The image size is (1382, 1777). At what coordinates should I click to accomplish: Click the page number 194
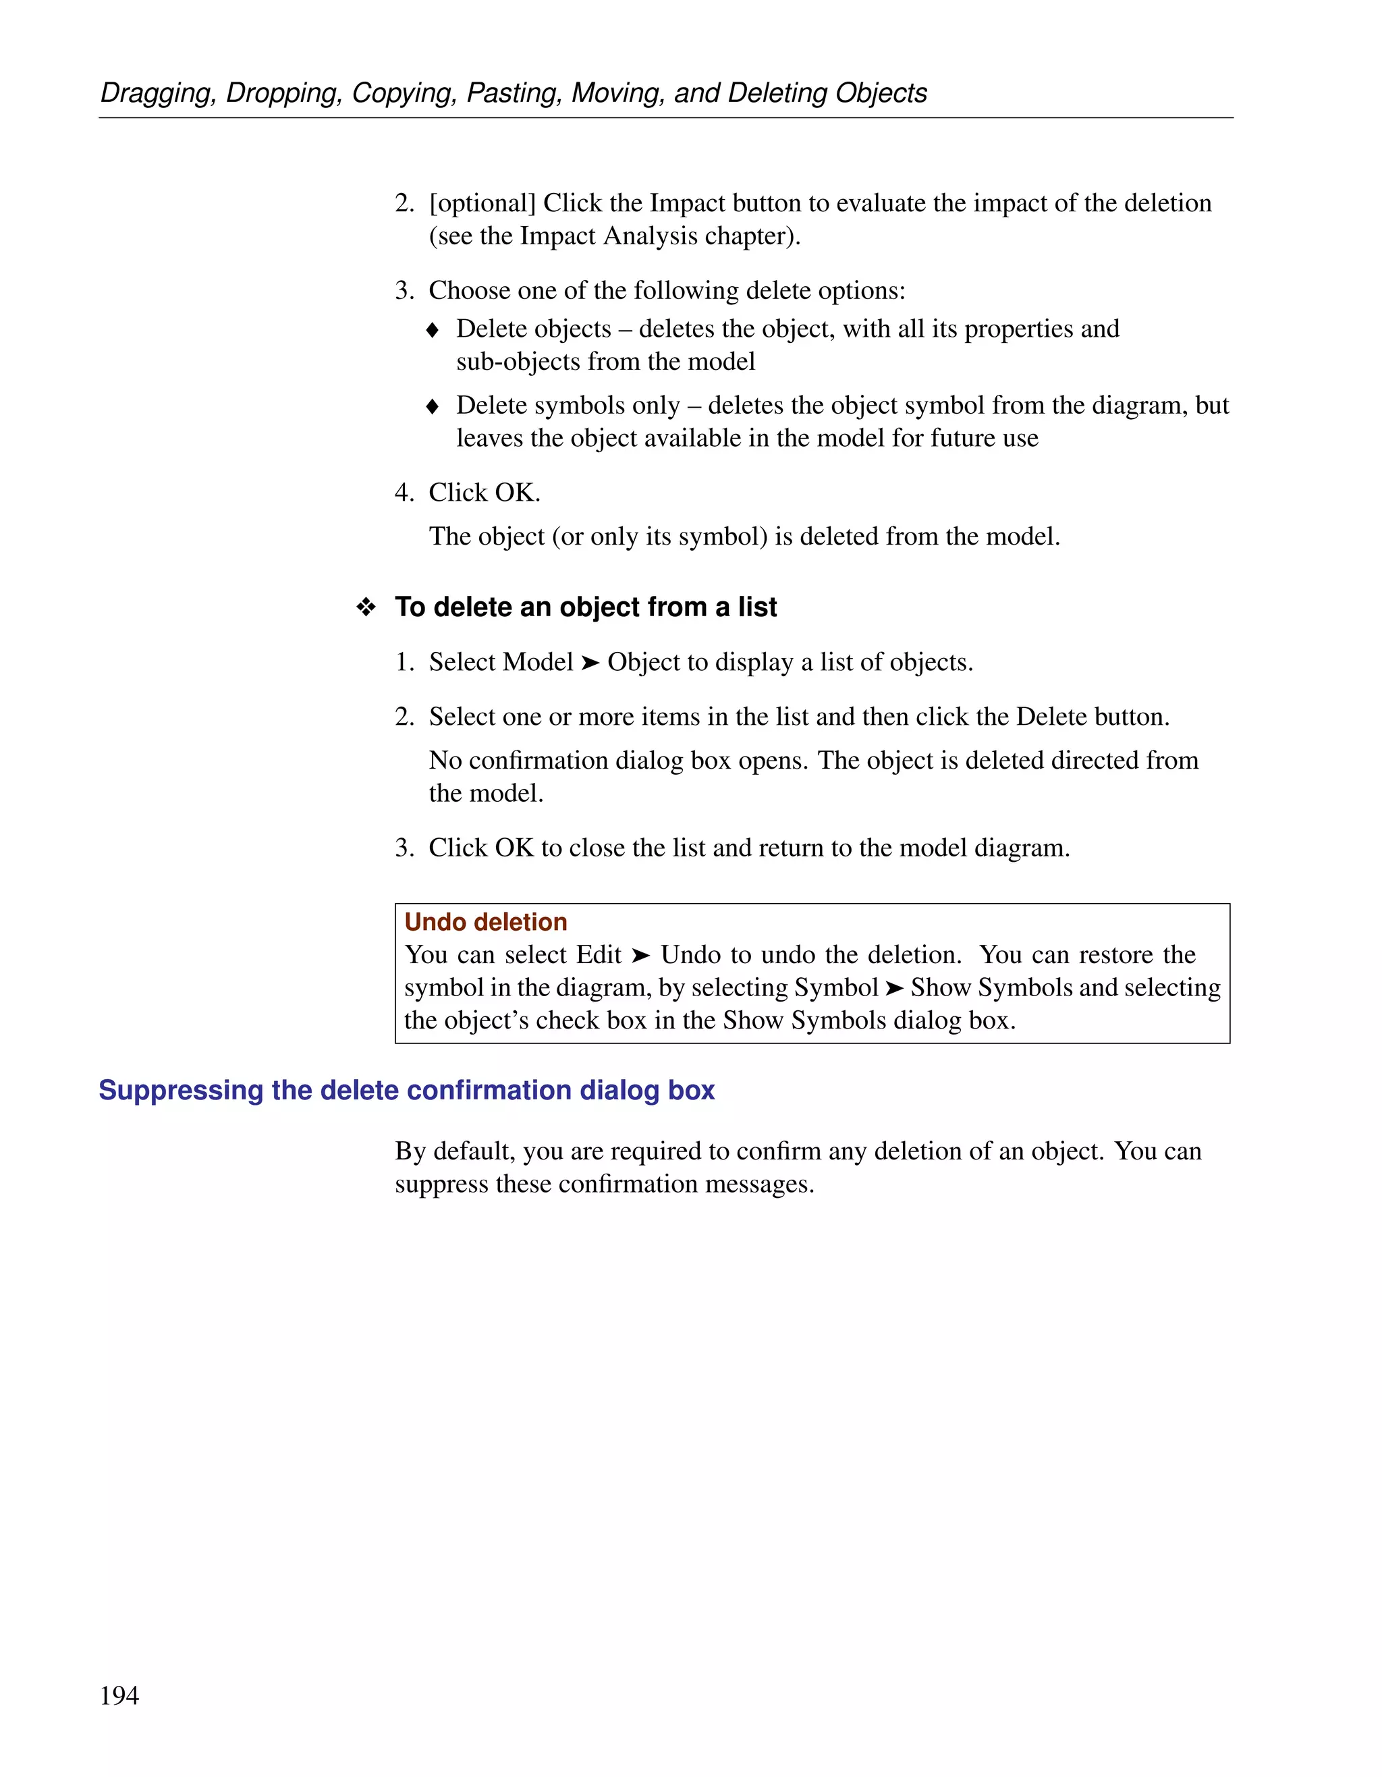[119, 1695]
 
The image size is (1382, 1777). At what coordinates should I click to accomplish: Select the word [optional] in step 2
[482, 203]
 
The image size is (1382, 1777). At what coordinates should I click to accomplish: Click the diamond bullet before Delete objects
[433, 330]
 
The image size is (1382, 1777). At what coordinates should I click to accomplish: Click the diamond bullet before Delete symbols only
[433, 407]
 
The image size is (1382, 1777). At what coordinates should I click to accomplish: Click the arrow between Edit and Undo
[641, 955]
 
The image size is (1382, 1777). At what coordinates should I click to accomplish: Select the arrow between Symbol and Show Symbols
[894, 989]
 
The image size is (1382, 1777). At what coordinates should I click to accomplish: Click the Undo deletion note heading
[486, 922]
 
